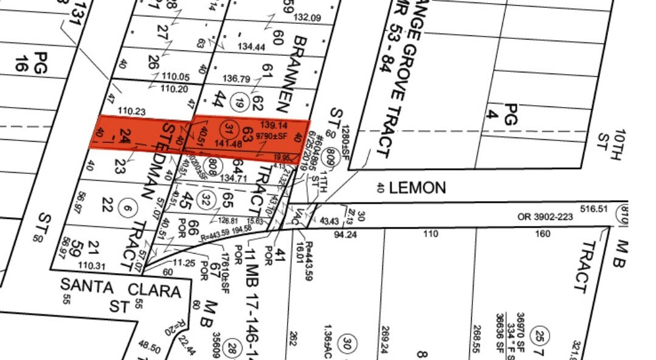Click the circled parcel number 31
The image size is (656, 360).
[x=229, y=128]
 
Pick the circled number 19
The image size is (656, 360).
[x=240, y=103]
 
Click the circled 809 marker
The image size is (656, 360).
[x=333, y=155]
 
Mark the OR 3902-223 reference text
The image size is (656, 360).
[x=545, y=216]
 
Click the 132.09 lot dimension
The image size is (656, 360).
[x=306, y=18]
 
